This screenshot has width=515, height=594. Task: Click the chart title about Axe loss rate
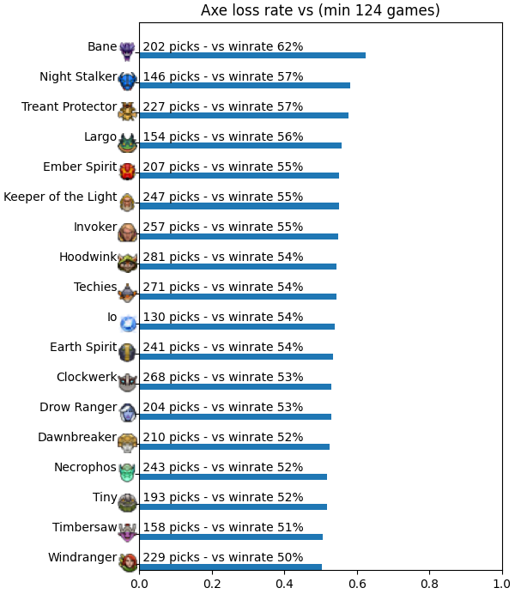(x=320, y=10)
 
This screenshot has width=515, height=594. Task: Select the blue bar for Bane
(x=252, y=55)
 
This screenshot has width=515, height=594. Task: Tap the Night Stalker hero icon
(x=128, y=81)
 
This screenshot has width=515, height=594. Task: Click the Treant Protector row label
(x=69, y=106)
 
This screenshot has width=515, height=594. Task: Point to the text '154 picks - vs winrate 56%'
(x=223, y=136)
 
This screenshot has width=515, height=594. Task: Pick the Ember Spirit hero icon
(x=128, y=171)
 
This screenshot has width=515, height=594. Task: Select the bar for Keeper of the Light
(x=239, y=206)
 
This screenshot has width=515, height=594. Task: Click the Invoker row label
(x=95, y=227)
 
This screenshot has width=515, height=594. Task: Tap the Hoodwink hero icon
(x=128, y=262)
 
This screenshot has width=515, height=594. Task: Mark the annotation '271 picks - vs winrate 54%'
(x=223, y=287)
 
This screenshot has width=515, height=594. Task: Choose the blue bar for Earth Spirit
(x=236, y=356)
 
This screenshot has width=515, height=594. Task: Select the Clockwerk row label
(x=87, y=377)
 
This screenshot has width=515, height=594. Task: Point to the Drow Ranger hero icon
(x=128, y=412)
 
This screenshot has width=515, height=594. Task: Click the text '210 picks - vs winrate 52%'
(x=223, y=437)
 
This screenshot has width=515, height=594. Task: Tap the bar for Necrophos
(x=233, y=476)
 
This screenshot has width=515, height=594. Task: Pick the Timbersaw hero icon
(x=128, y=532)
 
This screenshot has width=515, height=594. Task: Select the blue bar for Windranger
(x=231, y=567)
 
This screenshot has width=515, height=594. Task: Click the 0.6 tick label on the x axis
(x=357, y=584)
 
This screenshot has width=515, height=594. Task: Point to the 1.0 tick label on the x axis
(x=502, y=584)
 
